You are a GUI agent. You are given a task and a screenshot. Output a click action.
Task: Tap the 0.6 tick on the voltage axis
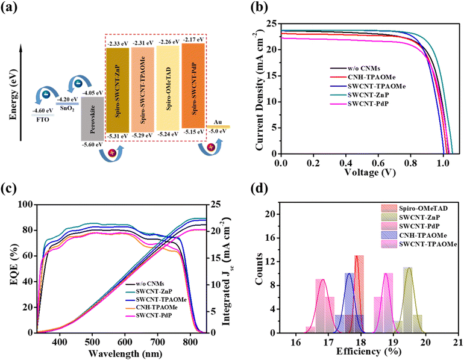click(x=378, y=163)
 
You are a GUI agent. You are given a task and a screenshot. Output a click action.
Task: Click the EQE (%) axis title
click(x=10, y=269)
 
